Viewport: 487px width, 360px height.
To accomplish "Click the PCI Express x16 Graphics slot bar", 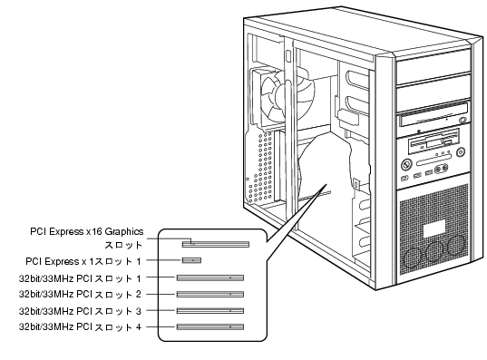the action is pos(216,244).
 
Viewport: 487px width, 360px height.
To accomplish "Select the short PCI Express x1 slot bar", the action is pos(191,260).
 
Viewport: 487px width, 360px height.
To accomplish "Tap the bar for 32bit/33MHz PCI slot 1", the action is pos(210,277).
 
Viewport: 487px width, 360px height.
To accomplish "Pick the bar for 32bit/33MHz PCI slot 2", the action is pos(210,294).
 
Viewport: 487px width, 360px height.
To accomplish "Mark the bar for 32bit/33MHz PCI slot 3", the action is pos(210,311).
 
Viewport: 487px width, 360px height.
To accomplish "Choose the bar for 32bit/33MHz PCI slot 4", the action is pos(210,326).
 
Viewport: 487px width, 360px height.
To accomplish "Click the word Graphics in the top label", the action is pos(124,232).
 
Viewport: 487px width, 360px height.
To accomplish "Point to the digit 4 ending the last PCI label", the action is pos(139,327).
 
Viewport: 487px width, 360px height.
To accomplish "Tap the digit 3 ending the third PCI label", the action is pos(139,311).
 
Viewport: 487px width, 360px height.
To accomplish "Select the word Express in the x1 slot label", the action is pos(64,261).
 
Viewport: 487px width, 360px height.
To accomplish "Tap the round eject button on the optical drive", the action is pos(463,120).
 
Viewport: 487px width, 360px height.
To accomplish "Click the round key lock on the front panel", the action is pos(405,164).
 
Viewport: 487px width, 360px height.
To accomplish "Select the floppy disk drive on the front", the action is pos(434,142).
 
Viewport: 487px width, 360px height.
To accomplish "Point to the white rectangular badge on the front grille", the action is pos(434,229).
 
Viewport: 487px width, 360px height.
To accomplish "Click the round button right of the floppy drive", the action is pos(461,152).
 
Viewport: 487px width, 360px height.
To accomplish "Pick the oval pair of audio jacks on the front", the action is pos(442,169).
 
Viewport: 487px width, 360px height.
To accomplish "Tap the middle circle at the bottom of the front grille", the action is pos(434,251).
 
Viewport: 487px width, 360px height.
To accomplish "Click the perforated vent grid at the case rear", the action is pos(260,168).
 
